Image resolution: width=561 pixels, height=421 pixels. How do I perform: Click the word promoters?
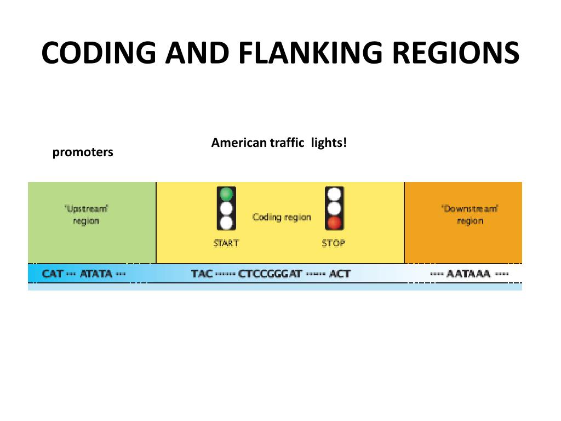pyautogui.click(x=83, y=152)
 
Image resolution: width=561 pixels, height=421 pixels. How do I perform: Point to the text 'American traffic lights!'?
pyautogui.click(x=279, y=143)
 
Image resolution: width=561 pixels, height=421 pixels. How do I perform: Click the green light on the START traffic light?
pyautogui.click(x=226, y=194)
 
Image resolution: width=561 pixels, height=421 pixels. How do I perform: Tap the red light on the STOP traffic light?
pyautogui.click(x=334, y=223)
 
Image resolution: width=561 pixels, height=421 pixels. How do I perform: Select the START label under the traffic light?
pyautogui.click(x=226, y=243)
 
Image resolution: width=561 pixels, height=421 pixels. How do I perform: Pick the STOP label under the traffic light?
pyautogui.click(x=334, y=243)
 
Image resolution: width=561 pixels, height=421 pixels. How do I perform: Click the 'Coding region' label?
pyautogui.click(x=282, y=217)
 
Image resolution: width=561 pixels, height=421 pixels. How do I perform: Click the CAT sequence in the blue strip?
pyautogui.click(x=53, y=274)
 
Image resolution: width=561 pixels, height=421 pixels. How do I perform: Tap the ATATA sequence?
pyautogui.click(x=96, y=274)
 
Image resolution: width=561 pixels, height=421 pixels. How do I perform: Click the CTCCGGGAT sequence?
pyautogui.click(x=270, y=274)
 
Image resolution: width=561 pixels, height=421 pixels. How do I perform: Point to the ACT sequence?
pyautogui.click(x=340, y=274)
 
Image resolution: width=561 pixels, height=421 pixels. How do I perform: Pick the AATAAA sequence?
pyautogui.click(x=468, y=274)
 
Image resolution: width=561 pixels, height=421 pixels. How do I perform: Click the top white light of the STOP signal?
pyautogui.click(x=334, y=194)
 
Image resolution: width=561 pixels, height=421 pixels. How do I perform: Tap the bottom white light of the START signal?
pyautogui.click(x=226, y=223)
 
